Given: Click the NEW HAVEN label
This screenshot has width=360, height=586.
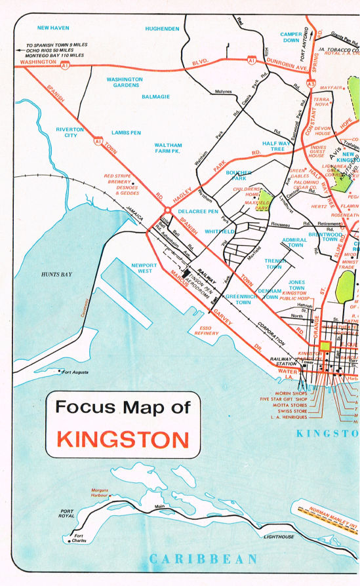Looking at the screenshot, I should click(x=54, y=28).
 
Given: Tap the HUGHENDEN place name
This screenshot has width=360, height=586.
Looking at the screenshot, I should click(x=162, y=29).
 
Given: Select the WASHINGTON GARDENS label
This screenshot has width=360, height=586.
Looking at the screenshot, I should click(x=125, y=82).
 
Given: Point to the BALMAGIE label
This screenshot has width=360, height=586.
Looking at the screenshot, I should click(x=155, y=96).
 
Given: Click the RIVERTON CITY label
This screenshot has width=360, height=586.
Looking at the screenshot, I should click(x=70, y=132).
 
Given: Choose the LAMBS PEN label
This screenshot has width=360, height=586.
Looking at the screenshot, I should click(x=127, y=132).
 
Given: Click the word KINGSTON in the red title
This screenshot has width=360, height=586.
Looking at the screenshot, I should click(x=123, y=438).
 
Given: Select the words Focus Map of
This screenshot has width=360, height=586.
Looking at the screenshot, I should click(x=123, y=407).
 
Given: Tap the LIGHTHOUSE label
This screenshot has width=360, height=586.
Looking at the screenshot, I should click(x=279, y=537).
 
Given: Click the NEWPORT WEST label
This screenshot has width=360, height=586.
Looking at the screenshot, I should click(x=144, y=268).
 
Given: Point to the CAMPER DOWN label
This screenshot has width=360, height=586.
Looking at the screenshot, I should click(x=290, y=37).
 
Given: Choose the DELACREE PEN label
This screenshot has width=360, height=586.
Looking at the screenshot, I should click(x=198, y=212).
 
